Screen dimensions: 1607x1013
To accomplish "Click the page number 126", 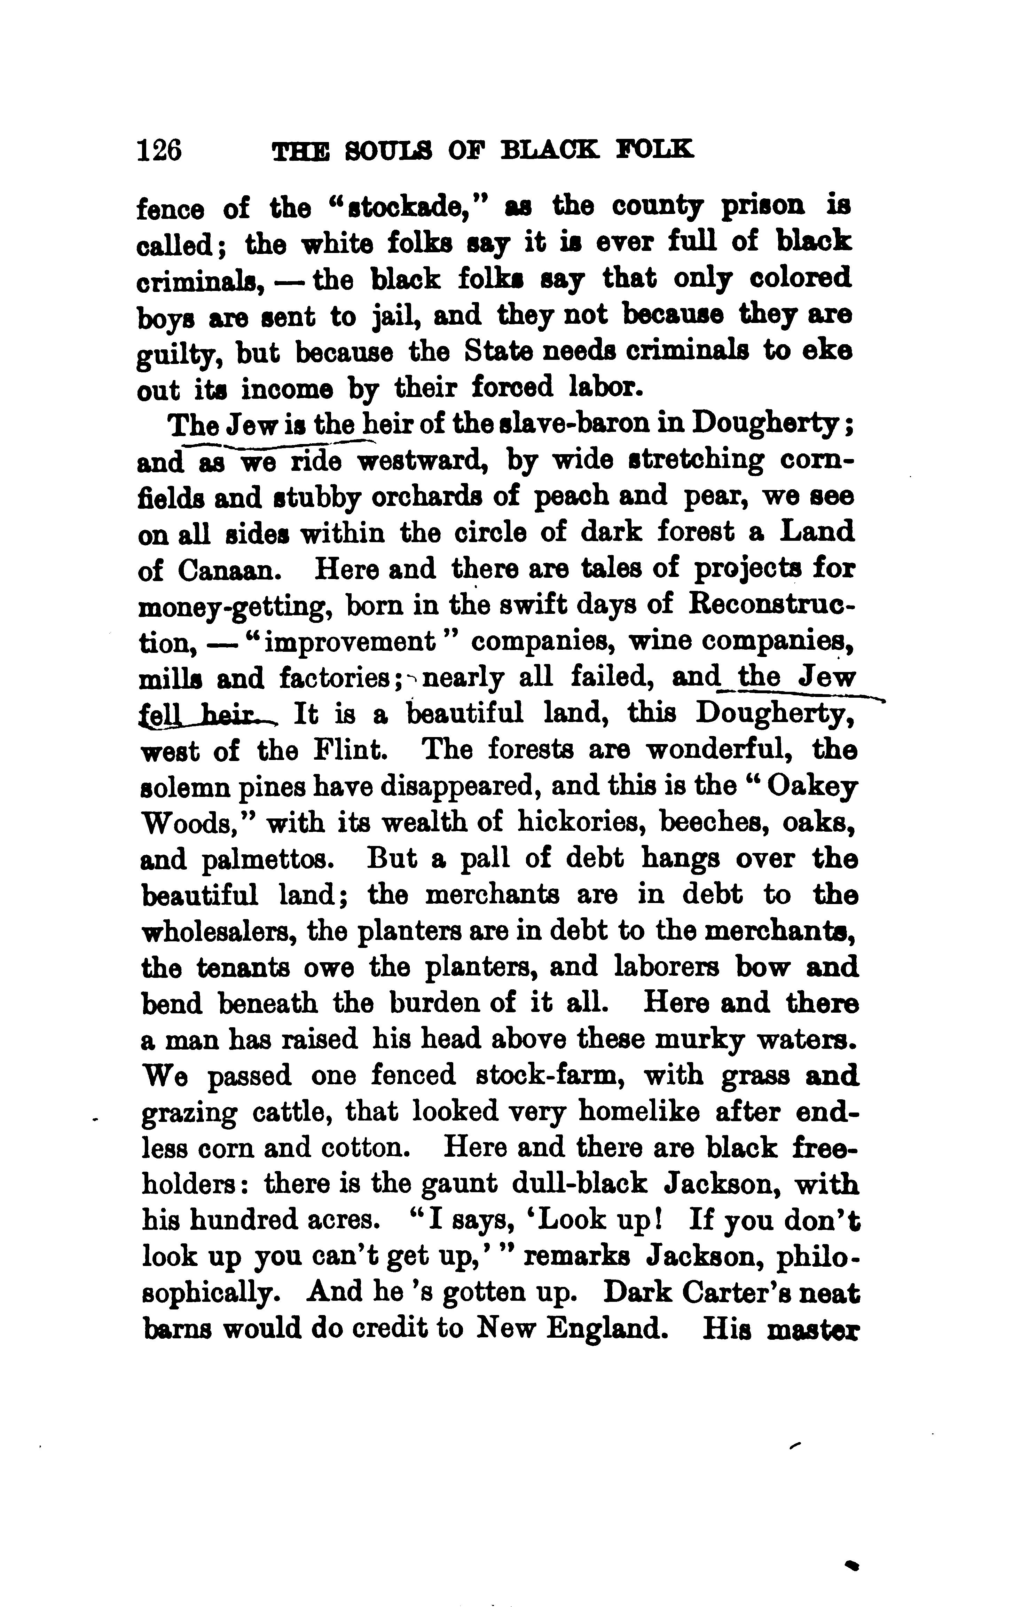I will (159, 150).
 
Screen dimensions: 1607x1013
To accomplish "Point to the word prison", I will (763, 207).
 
